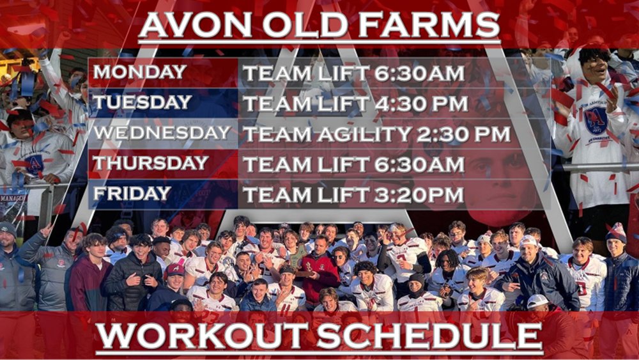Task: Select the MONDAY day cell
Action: click(140, 72)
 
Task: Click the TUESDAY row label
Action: click(142, 102)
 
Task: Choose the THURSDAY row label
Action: click(151, 164)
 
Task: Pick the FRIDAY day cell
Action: click(132, 194)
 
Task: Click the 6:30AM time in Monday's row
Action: click(415, 73)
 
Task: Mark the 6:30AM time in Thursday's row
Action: click(415, 165)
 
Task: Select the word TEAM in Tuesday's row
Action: click(274, 104)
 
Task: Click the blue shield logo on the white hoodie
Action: click(596, 120)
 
